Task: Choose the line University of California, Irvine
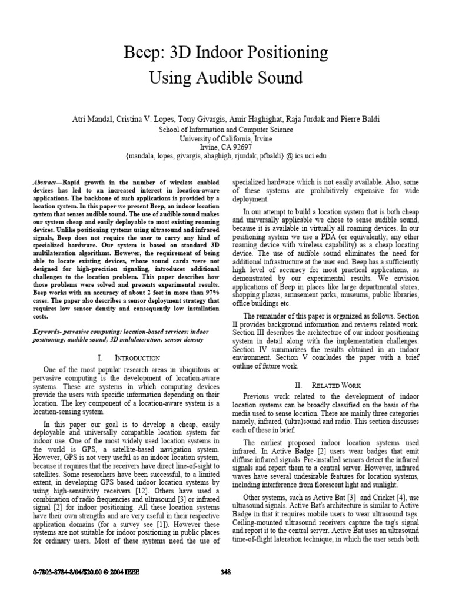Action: coord(226,138)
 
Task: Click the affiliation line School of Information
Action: coord(226,128)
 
